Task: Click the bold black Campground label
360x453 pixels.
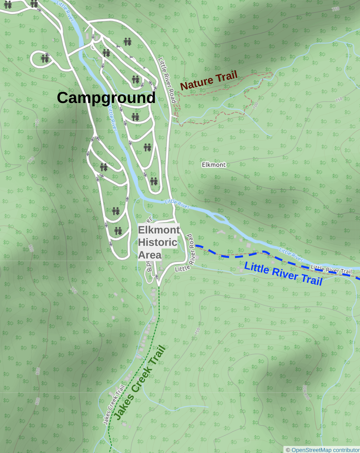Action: tap(106, 98)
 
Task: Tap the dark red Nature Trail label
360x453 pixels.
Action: tap(209, 80)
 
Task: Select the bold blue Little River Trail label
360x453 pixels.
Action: tap(283, 273)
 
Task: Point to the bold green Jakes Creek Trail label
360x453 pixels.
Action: tap(140, 383)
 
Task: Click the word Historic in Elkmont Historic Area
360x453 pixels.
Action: tap(158, 242)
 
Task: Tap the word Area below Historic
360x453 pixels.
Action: tap(150, 255)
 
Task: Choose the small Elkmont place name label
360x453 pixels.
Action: tap(214, 165)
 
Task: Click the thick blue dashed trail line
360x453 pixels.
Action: tap(235, 256)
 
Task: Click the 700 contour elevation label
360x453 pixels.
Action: tap(255, 105)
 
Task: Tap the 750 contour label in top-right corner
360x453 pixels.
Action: tap(336, 9)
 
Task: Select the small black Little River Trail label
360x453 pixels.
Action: tap(331, 270)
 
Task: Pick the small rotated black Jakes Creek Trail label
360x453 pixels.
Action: tap(113, 404)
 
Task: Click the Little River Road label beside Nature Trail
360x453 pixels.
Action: tap(167, 80)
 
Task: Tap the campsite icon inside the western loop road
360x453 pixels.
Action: tap(45, 58)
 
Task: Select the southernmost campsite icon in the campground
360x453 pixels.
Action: tap(118, 231)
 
